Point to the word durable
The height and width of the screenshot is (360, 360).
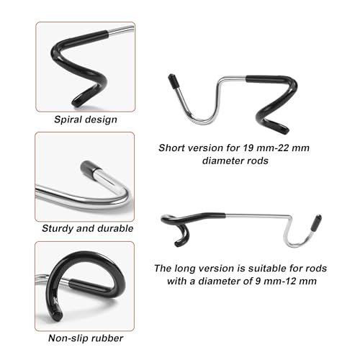click(x=115, y=228)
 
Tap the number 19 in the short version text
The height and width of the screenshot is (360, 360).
click(x=248, y=148)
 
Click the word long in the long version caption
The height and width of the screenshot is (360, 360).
click(x=183, y=269)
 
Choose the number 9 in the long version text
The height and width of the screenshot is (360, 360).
click(x=258, y=281)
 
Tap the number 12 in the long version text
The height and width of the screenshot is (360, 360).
click(x=290, y=281)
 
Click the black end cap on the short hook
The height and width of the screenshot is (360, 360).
click(x=173, y=81)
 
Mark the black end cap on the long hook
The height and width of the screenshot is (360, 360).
click(x=317, y=222)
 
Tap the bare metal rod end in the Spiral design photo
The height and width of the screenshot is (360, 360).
click(x=121, y=30)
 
